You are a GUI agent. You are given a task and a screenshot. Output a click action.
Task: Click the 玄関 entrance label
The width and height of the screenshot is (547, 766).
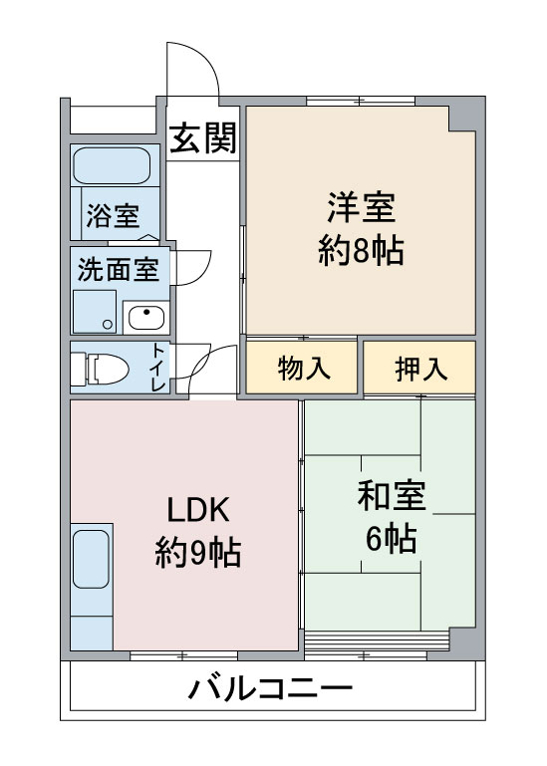pyautogui.click(x=203, y=137)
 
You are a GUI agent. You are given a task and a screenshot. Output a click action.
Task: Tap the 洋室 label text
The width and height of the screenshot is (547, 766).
pyautogui.click(x=362, y=207)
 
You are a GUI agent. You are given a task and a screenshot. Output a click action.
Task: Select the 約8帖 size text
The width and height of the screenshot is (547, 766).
pyautogui.click(x=361, y=251)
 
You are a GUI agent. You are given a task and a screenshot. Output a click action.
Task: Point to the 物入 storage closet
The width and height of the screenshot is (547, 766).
pyautogui.click(x=302, y=368)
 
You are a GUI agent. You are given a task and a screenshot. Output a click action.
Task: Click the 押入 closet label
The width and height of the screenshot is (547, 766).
pyautogui.click(x=420, y=368)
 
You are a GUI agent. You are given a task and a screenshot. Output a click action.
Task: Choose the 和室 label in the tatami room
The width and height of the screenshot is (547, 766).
pyautogui.click(x=392, y=496)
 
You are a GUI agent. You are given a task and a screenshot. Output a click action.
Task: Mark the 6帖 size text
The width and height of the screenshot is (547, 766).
pyautogui.click(x=392, y=538)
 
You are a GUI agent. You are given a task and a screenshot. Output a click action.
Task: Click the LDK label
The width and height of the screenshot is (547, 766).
pyautogui.click(x=198, y=510)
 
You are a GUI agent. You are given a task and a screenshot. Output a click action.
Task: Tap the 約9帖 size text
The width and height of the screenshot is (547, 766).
pyautogui.click(x=198, y=552)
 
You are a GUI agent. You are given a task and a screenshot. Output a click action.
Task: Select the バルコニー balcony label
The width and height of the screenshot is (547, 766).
pyautogui.click(x=270, y=689)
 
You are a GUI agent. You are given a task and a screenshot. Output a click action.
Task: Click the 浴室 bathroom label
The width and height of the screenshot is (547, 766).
pyautogui.click(x=113, y=214)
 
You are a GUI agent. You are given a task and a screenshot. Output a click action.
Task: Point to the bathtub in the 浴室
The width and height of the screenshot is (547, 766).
pyautogui.click(x=112, y=165)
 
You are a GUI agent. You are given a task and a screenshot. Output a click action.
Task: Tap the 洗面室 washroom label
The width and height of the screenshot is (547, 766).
pyautogui.click(x=119, y=269)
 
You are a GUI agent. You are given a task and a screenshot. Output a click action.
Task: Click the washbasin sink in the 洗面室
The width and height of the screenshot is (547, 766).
pyautogui.click(x=146, y=318)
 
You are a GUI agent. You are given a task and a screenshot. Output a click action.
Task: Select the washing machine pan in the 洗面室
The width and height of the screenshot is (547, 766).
pyautogui.click(x=95, y=312)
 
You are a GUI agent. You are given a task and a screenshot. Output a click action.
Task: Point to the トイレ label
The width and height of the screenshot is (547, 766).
pyautogui.click(x=158, y=368)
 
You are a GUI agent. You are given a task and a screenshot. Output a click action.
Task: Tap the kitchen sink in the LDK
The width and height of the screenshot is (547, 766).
pyautogui.click(x=91, y=559)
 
